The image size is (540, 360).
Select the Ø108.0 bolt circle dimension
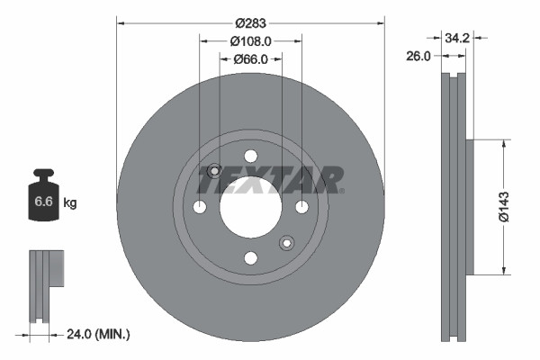[x=251, y=41]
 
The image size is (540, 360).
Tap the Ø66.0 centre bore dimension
[x=251, y=59]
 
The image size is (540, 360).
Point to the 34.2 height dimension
[x=458, y=38]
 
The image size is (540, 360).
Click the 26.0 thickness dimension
[x=418, y=56]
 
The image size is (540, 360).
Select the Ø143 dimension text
[x=516, y=207]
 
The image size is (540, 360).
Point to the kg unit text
[x=70, y=203]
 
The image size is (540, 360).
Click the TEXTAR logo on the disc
[x=270, y=180]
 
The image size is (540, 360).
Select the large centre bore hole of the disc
[x=249, y=207]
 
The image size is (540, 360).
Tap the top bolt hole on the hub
[x=249, y=157]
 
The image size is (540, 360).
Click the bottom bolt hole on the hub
[x=249, y=257]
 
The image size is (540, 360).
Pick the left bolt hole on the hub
[x=200, y=208]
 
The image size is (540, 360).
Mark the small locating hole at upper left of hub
[x=214, y=172]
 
